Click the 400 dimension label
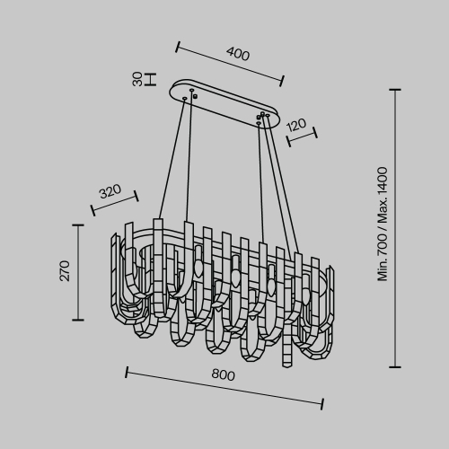[238, 54]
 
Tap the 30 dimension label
[137, 79]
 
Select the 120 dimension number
[296, 125]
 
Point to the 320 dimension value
[110, 191]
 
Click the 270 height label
[65, 271]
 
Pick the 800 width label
[224, 374]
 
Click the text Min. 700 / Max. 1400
[383, 224]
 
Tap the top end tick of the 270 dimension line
[78, 224]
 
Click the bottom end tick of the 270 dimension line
[78, 320]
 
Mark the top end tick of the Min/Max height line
[395, 90]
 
